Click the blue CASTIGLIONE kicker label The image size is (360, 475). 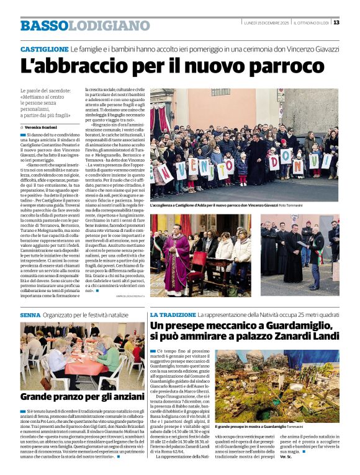(x=44, y=49)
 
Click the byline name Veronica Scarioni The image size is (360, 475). (x=43, y=127)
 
